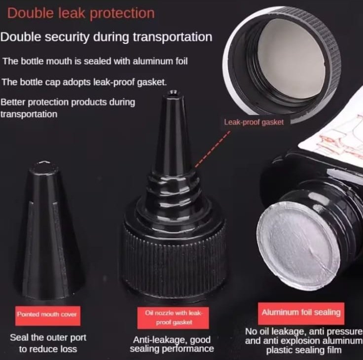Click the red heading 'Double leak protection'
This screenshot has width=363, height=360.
point(81,13)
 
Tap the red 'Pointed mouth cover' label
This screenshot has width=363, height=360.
point(48,316)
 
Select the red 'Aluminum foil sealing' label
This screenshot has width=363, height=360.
point(301,313)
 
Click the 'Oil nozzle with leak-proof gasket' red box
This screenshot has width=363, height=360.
point(173,318)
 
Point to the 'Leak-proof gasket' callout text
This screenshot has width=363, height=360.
point(254,122)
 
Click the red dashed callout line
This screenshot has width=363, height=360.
point(213,149)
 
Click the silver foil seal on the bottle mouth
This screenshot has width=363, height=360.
point(296,246)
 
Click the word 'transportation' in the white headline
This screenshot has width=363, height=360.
point(173,37)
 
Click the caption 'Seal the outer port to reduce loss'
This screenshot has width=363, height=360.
point(48,343)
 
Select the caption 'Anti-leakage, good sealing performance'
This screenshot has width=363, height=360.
point(172,344)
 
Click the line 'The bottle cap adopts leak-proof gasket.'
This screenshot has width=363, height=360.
point(84,82)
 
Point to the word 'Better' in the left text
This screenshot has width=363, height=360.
point(13,102)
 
